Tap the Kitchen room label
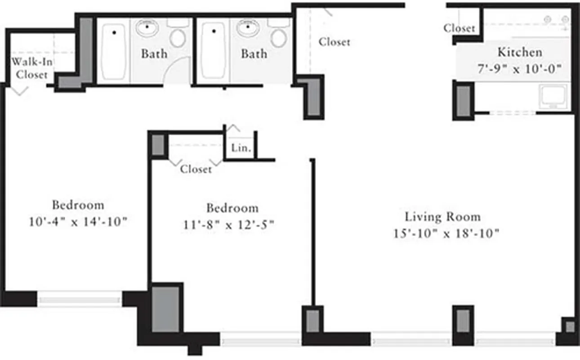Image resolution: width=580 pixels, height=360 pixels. [x=519, y=52]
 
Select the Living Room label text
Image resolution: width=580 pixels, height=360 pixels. [x=442, y=217]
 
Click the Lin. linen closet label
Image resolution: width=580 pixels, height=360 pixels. [x=241, y=148]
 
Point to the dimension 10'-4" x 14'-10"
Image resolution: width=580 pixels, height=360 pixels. [x=78, y=222]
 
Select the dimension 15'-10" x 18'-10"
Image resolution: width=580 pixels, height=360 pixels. [x=446, y=234]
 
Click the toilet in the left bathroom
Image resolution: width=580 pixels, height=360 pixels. [x=178, y=38]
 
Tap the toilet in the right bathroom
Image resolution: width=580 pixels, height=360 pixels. [x=279, y=38]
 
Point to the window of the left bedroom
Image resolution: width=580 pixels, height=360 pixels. [x=79, y=299]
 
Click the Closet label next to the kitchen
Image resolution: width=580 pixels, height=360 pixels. [x=459, y=28]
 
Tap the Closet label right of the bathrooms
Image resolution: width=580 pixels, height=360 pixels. [x=334, y=42]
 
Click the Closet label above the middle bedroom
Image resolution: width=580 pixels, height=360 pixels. [x=196, y=169]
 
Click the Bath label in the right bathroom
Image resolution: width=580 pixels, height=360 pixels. [x=254, y=54]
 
